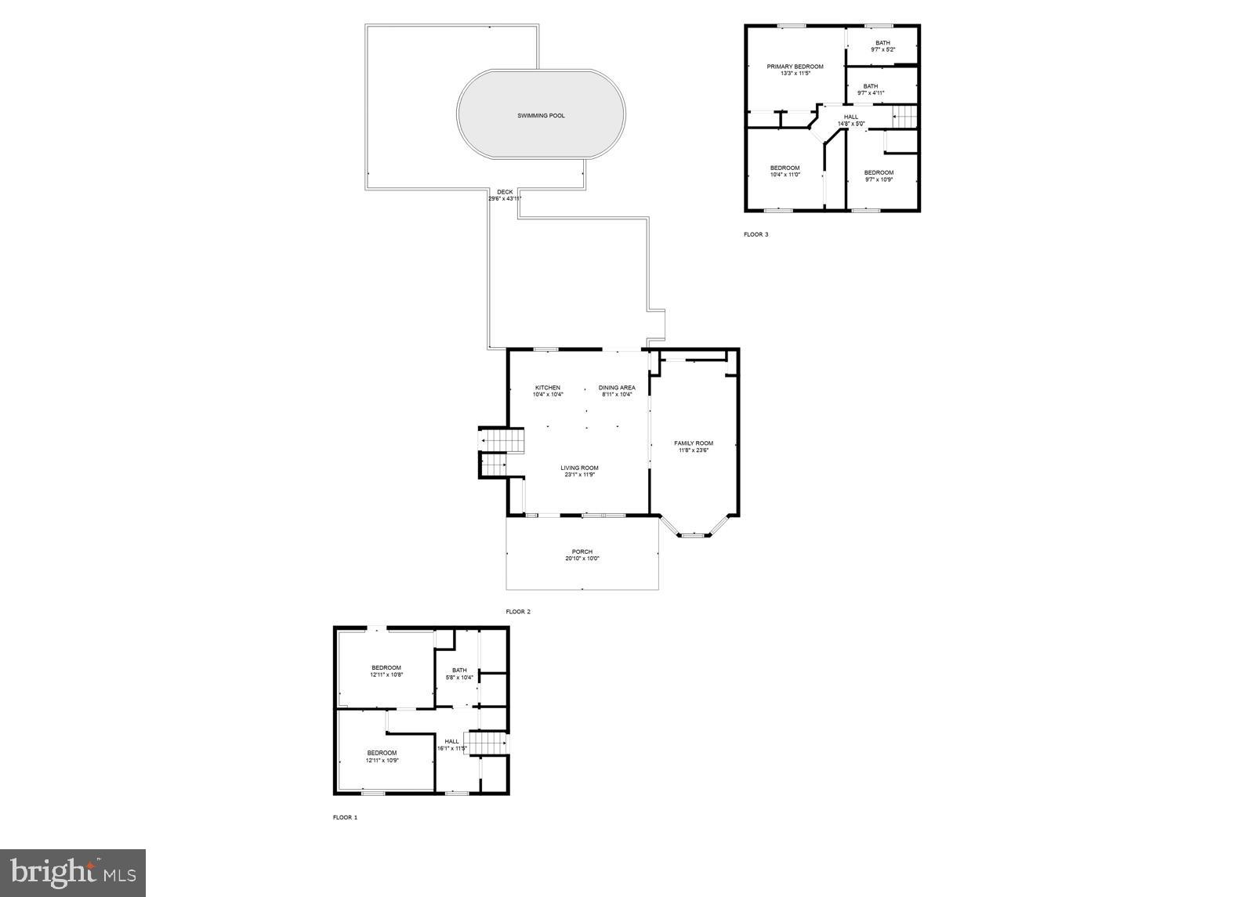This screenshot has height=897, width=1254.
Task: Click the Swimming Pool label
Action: click(x=541, y=116)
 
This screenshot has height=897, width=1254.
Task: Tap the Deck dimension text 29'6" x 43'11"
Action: click(x=505, y=199)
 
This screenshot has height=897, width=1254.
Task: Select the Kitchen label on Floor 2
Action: click(x=548, y=388)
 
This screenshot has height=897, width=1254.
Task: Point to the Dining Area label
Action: click(x=617, y=388)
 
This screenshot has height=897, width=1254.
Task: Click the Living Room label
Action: click(x=579, y=468)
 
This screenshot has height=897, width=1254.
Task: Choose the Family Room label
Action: click(x=694, y=443)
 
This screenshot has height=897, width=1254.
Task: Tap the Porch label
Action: click(x=582, y=552)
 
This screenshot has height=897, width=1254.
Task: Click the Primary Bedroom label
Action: click(x=795, y=67)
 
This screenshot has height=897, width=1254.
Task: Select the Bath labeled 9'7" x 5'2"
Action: click(x=883, y=46)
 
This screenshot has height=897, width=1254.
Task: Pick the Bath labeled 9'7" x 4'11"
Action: click(x=871, y=89)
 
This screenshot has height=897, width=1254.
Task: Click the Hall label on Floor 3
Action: click(x=851, y=117)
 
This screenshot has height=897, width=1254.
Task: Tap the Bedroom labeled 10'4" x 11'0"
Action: click(x=785, y=171)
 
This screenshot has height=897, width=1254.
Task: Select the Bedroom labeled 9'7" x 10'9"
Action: click(x=879, y=175)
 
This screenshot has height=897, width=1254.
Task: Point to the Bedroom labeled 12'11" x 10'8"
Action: click(x=386, y=671)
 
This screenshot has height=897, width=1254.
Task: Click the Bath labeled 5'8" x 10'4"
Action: click(x=459, y=673)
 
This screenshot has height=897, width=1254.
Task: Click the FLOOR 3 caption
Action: click(x=756, y=234)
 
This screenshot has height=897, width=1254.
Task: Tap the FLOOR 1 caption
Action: click(x=345, y=818)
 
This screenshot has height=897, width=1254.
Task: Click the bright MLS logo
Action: click(x=73, y=872)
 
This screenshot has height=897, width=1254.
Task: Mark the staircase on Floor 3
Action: click(x=905, y=118)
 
